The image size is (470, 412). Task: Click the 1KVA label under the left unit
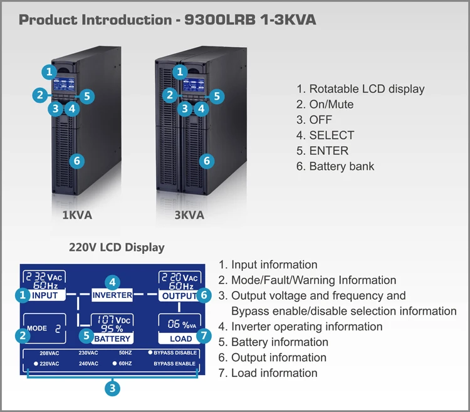tap(76, 215)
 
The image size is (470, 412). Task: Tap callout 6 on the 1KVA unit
tap(76, 161)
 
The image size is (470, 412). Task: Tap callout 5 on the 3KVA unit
tap(216, 96)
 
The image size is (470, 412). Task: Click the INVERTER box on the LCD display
tap(113, 295)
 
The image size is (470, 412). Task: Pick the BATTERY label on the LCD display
tap(112, 339)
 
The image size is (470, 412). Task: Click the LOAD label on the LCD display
tap(180, 339)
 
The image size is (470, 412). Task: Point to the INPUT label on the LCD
tap(44, 295)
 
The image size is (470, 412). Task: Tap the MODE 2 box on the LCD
tap(44, 328)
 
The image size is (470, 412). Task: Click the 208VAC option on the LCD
tap(49, 353)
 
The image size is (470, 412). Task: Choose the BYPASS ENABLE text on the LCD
tap(175, 364)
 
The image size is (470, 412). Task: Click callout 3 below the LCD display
tap(112, 389)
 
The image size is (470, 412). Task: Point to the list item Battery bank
tap(342, 166)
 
